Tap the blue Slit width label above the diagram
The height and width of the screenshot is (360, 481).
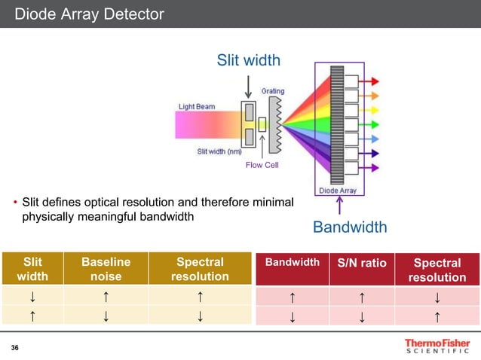click(x=249, y=59)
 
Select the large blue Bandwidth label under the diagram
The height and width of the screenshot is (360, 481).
click(x=350, y=227)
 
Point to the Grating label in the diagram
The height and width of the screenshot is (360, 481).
click(x=273, y=91)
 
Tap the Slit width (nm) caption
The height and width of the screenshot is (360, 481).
click(x=219, y=151)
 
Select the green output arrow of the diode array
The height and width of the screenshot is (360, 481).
click(x=373, y=124)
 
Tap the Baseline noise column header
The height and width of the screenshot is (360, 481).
click(x=106, y=269)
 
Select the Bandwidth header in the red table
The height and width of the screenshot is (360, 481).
click(x=292, y=263)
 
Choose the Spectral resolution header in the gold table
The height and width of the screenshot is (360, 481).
click(x=199, y=269)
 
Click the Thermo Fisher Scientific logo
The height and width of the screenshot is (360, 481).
click(x=437, y=346)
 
